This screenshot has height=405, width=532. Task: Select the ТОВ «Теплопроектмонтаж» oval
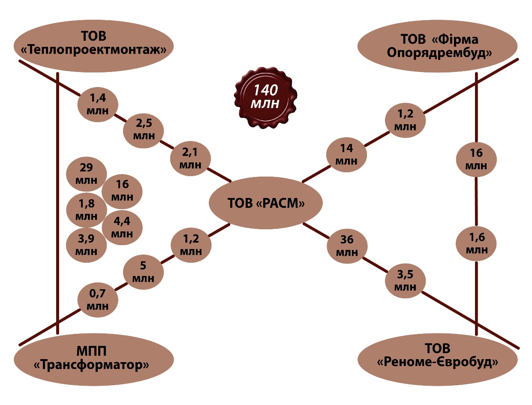[x=93, y=44]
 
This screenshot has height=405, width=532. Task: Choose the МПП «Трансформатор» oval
[x=93, y=359]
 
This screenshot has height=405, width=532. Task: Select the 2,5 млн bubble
[x=143, y=129]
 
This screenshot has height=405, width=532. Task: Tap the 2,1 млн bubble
[x=190, y=158]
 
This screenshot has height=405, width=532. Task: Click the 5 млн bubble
[x=143, y=272]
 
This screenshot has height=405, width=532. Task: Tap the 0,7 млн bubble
[x=97, y=300]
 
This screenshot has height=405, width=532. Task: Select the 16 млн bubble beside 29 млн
[x=122, y=191]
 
